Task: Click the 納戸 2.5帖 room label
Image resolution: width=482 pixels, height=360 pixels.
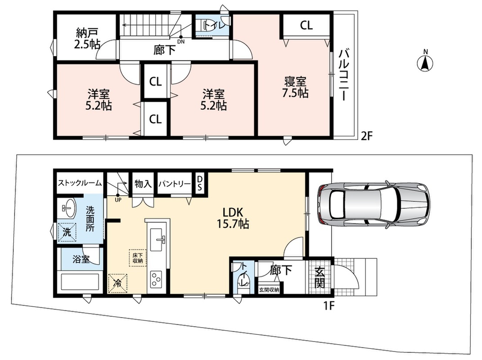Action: [87, 39]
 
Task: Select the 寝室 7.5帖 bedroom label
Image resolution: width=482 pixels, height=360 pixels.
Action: [295, 87]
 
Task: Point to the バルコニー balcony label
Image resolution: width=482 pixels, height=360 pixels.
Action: [344, 75]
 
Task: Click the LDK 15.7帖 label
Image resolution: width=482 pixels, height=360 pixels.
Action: [233, 218]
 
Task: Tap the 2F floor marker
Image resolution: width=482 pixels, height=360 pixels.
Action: [367, 135]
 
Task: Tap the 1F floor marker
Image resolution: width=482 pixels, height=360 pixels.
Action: [329, 306]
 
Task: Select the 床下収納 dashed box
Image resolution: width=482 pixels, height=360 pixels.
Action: [138, 258]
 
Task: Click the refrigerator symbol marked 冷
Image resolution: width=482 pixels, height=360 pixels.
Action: [117, 283]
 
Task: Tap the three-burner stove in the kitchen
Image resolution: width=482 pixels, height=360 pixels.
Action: [157, 279]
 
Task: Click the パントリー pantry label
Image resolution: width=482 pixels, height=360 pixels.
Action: [175, 184]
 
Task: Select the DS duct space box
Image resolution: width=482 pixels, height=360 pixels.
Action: [199, 183]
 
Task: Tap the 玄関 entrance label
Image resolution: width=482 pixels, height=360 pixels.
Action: [320, 278]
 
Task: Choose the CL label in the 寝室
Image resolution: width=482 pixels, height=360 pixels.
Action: [306, 25]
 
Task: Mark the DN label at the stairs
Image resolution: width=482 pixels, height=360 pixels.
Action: [181, 42]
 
